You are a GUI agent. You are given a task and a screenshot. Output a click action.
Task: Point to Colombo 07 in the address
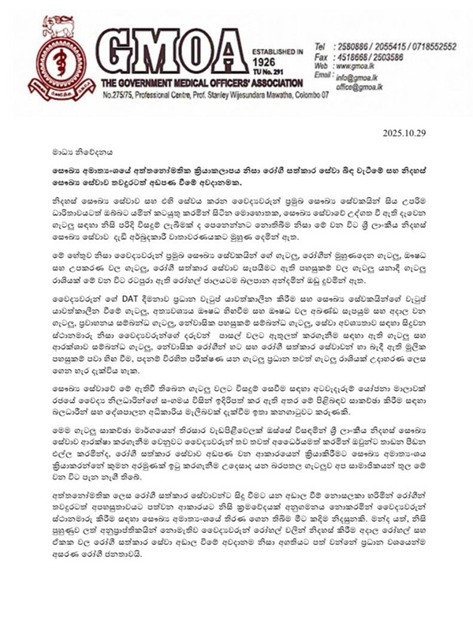(312, 95)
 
